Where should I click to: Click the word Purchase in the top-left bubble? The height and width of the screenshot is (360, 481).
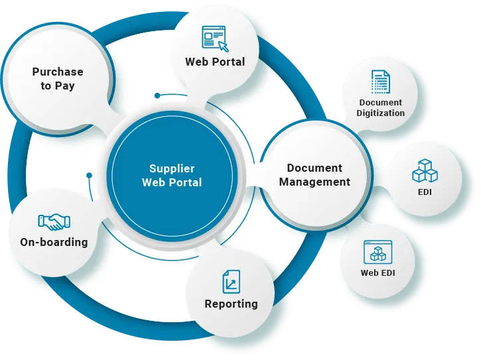[x=58, y=72]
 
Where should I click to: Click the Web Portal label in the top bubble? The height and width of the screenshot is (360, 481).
[x=214, y=62]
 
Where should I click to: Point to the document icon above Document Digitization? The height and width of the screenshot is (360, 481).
[x=380, y=82]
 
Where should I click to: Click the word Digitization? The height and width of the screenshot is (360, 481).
[x=380, y=113]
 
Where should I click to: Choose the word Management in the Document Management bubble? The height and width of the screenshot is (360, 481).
[x=314, y=182]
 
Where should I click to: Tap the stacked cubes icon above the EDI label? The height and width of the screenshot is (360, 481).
[x=425, y=170]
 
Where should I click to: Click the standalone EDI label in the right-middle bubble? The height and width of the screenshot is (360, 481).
[x=425, y=193]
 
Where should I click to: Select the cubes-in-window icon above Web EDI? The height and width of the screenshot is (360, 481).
[x=379, y=253]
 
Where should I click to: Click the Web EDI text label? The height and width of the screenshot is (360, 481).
[x=379, y=272]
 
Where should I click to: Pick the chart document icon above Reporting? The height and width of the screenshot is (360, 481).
[x=231, y=282]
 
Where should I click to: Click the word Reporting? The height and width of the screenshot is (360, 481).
[x=231, y=304]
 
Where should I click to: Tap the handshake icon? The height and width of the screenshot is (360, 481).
[x=54, y=221]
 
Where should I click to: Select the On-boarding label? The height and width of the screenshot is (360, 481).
[x=54, y=242]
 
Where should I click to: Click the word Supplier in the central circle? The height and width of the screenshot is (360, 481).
[x=172, y=169]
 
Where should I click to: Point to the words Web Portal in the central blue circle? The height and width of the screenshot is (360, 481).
[x=172, y=182]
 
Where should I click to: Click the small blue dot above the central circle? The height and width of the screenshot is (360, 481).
[x=157, y=95]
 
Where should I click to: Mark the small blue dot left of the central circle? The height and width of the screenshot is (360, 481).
[x=88, y=176]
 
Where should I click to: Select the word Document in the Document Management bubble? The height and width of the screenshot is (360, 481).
[x=314, y=168]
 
